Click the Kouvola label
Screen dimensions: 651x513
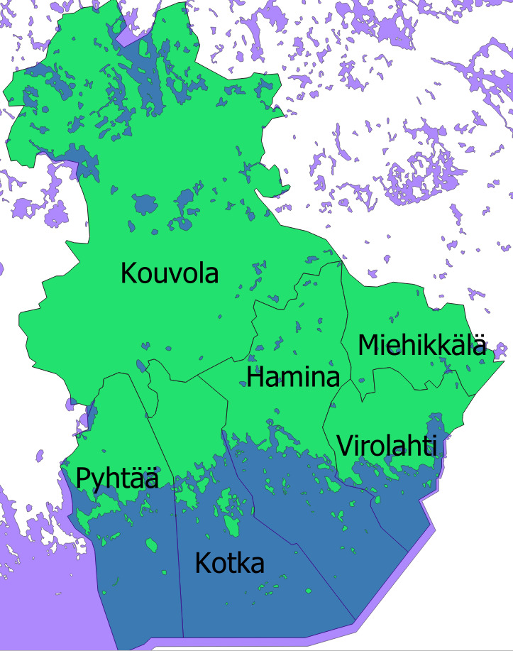tap(170, 273)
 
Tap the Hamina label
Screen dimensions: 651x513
tap(293, 377)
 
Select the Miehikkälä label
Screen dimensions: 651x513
tap(422, 346)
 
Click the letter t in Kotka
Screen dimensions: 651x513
tap(229, 564)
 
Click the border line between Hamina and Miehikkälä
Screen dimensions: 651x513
tap(346, 319)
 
